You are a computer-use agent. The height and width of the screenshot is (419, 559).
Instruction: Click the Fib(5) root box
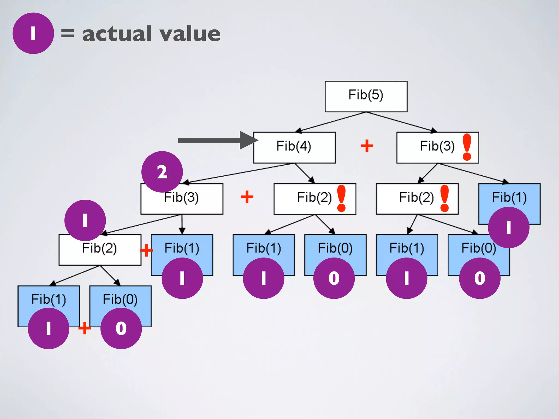366,96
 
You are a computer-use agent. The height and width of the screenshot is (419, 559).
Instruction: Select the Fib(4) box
294,147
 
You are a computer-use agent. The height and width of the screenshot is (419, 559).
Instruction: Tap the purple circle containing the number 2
162,172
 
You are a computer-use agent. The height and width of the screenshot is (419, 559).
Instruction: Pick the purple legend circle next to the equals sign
33,33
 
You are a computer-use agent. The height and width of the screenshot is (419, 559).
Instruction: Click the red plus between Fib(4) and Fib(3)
367,146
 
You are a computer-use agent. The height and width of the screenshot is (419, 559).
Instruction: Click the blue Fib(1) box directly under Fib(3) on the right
509,196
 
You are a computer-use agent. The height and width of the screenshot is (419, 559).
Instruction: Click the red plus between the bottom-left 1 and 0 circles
85,328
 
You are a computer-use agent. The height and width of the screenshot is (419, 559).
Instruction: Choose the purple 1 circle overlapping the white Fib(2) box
85,220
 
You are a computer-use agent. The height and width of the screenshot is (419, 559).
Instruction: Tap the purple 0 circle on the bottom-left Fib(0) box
121,328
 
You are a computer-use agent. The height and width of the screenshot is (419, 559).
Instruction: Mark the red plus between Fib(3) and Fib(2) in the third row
247,197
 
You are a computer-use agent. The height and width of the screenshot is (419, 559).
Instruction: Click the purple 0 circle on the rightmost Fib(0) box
480,278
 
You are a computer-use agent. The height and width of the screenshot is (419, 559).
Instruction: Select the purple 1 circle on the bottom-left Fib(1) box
49,328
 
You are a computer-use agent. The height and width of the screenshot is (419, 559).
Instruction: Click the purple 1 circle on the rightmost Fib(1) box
509,228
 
